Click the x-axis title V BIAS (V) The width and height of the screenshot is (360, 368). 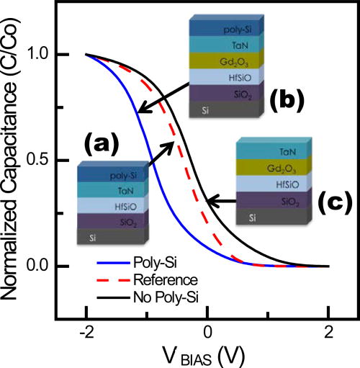pyautogui.click(x=207, y=356)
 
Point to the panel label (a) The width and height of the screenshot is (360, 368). pyautogui.click(x=101, y=147)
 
